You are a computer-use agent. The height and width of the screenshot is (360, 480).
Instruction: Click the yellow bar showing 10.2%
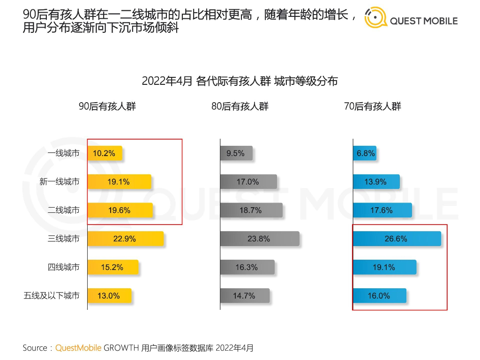(x=105, y=153)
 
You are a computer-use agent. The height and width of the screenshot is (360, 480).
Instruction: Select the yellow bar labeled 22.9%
(x=125, y=239)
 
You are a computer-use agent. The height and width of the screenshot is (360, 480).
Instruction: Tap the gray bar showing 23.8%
(x=259, y=239)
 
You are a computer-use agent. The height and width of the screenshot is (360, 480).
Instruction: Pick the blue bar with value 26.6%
(x=397, y=239)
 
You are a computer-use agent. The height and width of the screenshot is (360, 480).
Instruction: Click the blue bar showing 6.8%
(x=365, y=153)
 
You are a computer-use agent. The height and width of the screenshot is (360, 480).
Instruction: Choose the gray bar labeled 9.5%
(x=236, y=153)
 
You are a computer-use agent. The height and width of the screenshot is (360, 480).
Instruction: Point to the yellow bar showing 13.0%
(x=109, y=296)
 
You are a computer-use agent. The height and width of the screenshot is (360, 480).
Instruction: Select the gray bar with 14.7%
(x=245, y=296)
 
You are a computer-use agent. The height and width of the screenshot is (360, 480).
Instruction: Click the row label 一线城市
(x=63, y=153)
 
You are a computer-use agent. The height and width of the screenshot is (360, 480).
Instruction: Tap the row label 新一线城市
(x=59, y=182)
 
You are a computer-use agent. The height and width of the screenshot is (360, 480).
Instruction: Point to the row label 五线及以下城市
(x=52, y=296)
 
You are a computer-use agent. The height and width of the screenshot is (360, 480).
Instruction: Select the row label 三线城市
(x=63, y=239)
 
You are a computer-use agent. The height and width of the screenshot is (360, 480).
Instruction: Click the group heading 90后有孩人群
(x=107, y=106)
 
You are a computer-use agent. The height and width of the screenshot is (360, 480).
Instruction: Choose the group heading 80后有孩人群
(x=240, y=106)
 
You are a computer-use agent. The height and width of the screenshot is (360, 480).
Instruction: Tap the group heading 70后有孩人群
(x=373, y=106)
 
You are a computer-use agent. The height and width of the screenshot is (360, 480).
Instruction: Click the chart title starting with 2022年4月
(x=240, y=81)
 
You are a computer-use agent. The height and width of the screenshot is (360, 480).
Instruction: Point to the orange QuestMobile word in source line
(x=78, y=348)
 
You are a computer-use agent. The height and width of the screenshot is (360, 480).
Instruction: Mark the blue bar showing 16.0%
(x=379, y=296)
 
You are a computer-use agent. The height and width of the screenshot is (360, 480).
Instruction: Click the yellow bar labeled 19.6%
(x=120, y=210)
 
